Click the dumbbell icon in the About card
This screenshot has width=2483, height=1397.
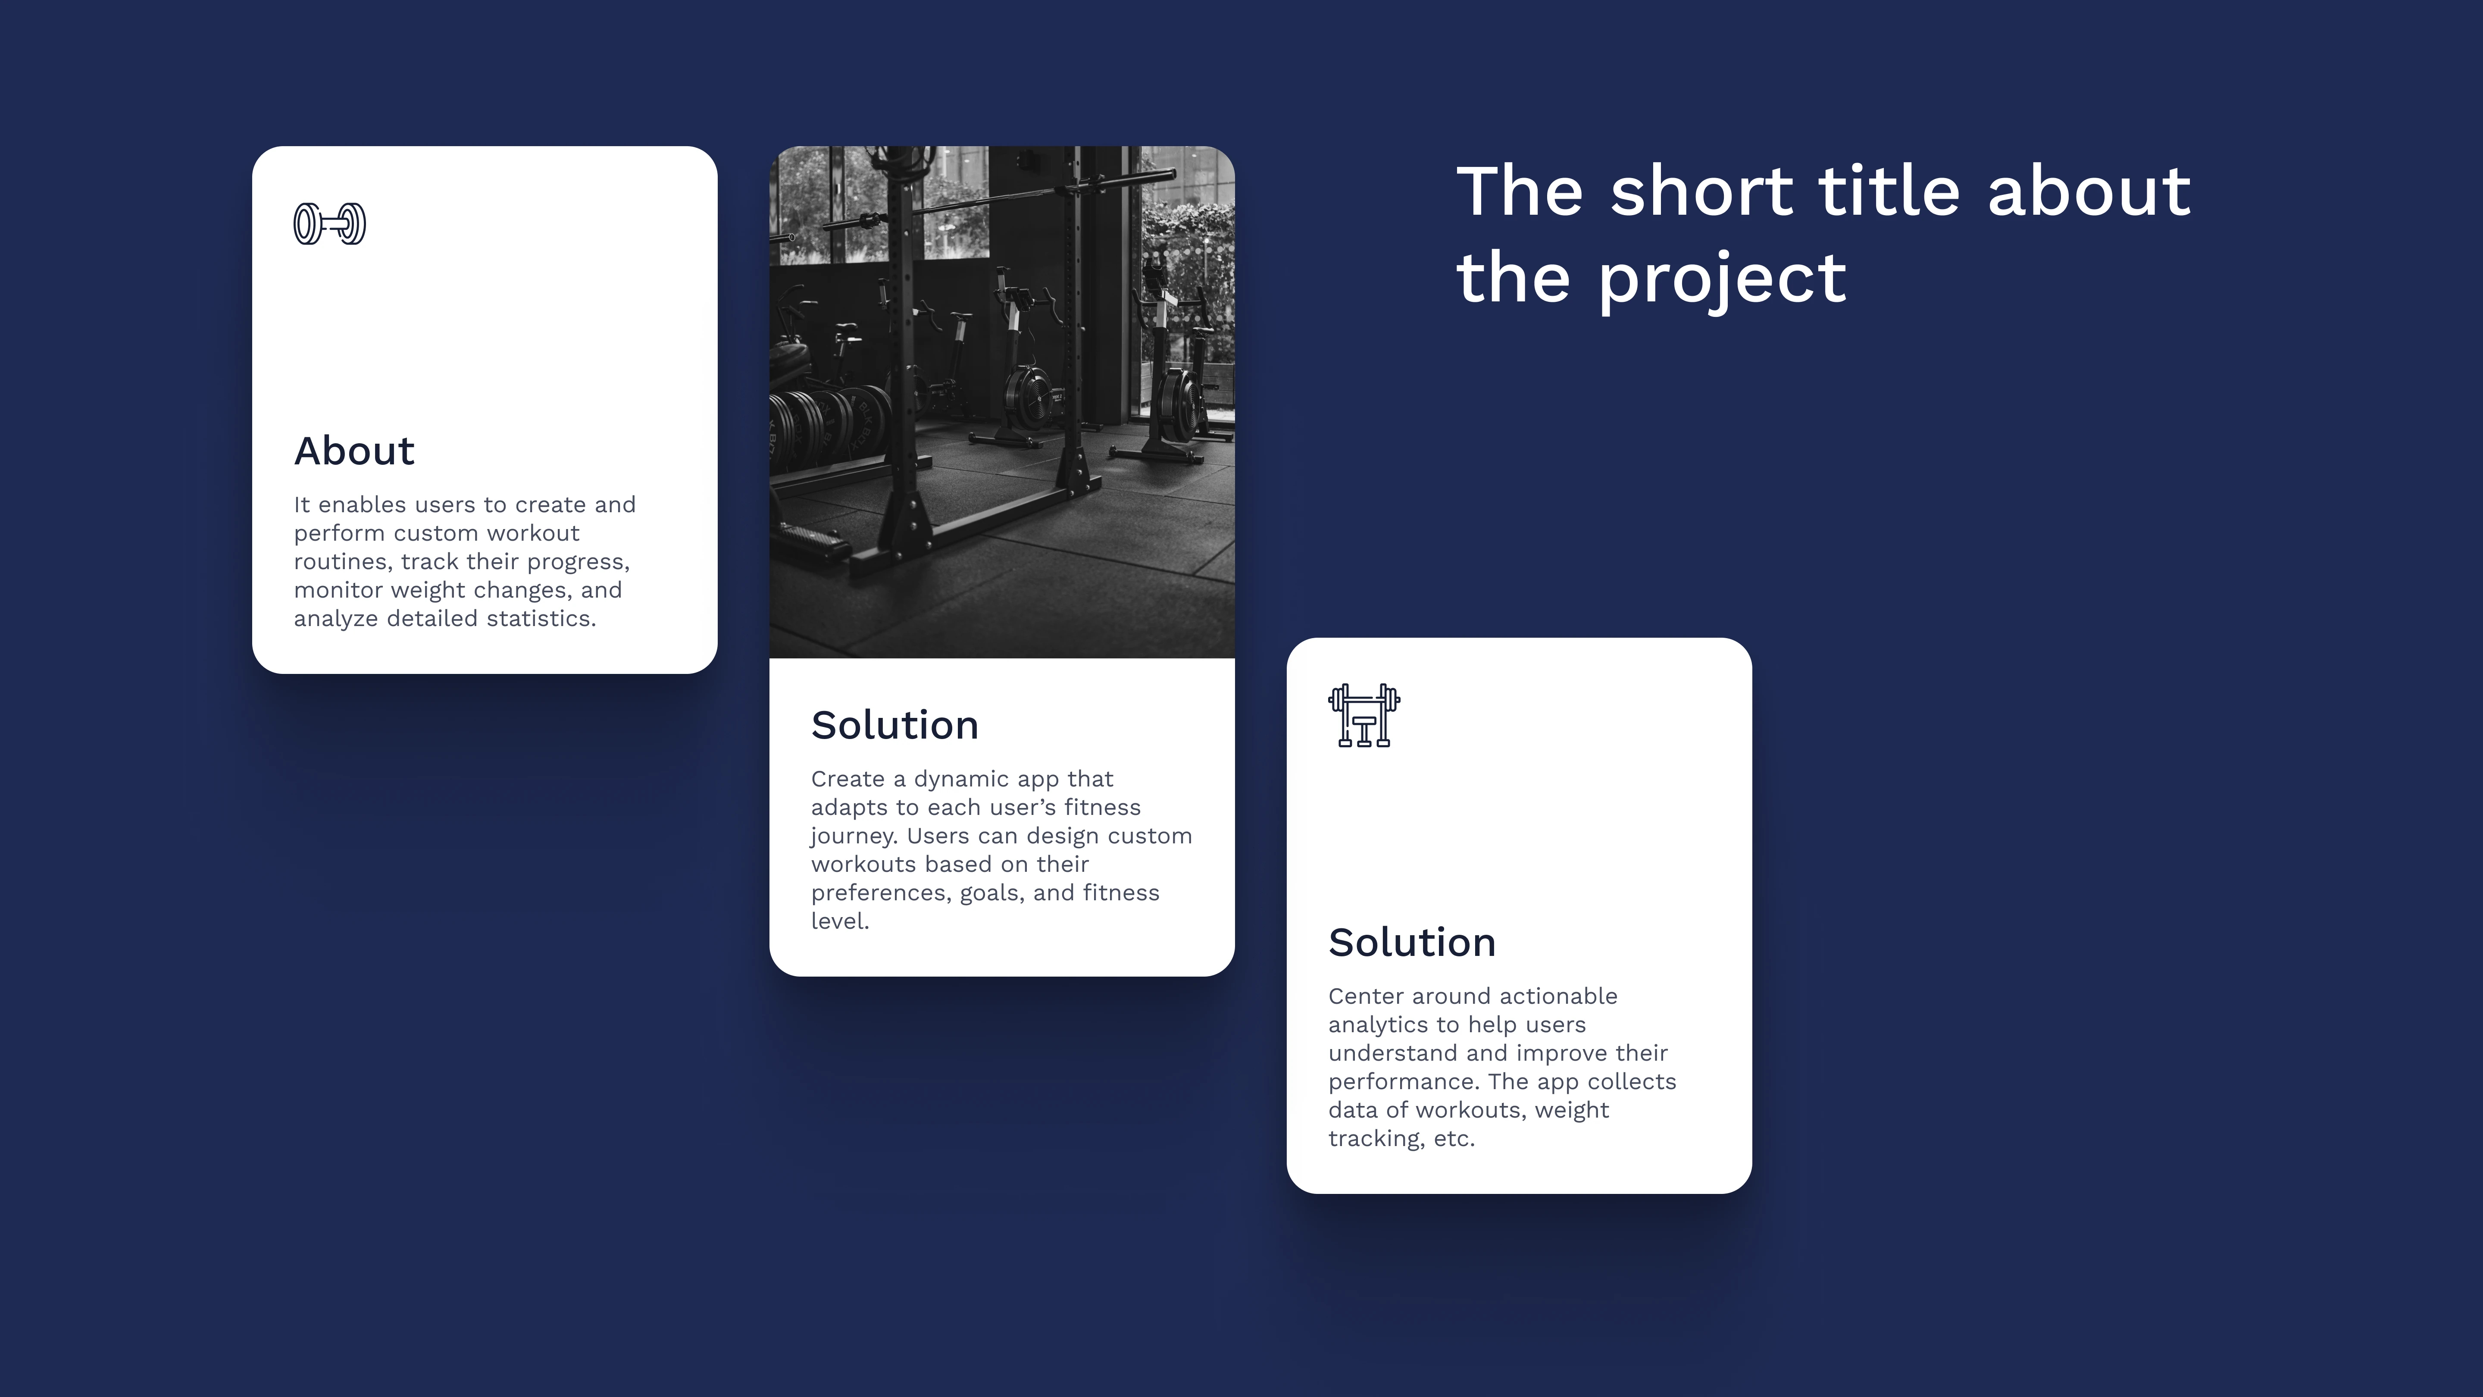[330, 224]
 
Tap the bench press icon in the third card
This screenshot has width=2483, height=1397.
[1364, 715]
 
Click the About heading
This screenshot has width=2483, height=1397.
[354, 450]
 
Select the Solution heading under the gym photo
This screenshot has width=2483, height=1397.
[894, 725]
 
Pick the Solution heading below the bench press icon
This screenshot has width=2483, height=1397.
[1412, 942]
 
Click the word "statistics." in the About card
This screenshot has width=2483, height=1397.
[541, 618]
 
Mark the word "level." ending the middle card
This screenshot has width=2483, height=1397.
[840, 921]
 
